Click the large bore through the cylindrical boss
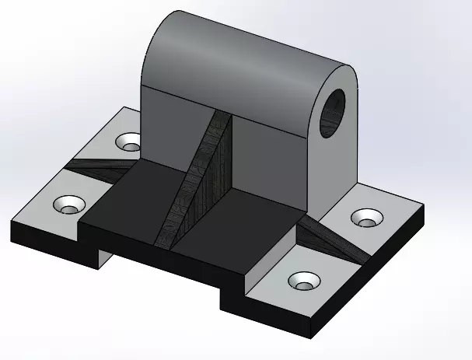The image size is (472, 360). click(x=334, y=109)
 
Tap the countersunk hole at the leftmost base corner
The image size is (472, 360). click(x=68, y=205)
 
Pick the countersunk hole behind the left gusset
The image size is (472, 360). click(x=129, y=142)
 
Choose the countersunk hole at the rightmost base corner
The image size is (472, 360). click(x=365, y=218)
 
